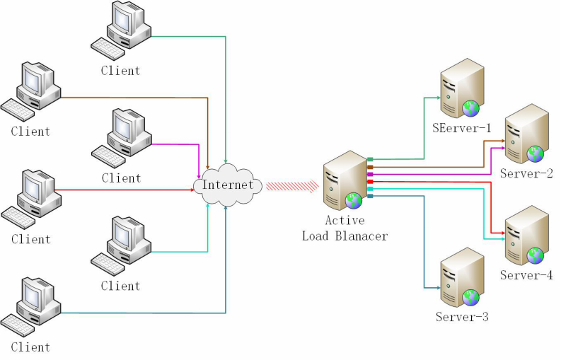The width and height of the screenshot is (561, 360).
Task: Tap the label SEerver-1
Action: (462, 128)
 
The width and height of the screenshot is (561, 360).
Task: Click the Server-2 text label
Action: (526, 173)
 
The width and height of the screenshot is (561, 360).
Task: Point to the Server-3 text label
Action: (462, 316)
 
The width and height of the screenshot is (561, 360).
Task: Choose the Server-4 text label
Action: (526, 275)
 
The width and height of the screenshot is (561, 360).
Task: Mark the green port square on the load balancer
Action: (370, 160)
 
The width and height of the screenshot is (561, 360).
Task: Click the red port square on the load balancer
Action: (370, 182)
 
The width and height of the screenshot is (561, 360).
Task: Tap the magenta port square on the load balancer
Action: (370, 174)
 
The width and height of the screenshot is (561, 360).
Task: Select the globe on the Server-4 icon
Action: (535, 254)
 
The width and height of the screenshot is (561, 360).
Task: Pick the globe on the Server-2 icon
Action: (536, 152)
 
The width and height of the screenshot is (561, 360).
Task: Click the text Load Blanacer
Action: (345, 236)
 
